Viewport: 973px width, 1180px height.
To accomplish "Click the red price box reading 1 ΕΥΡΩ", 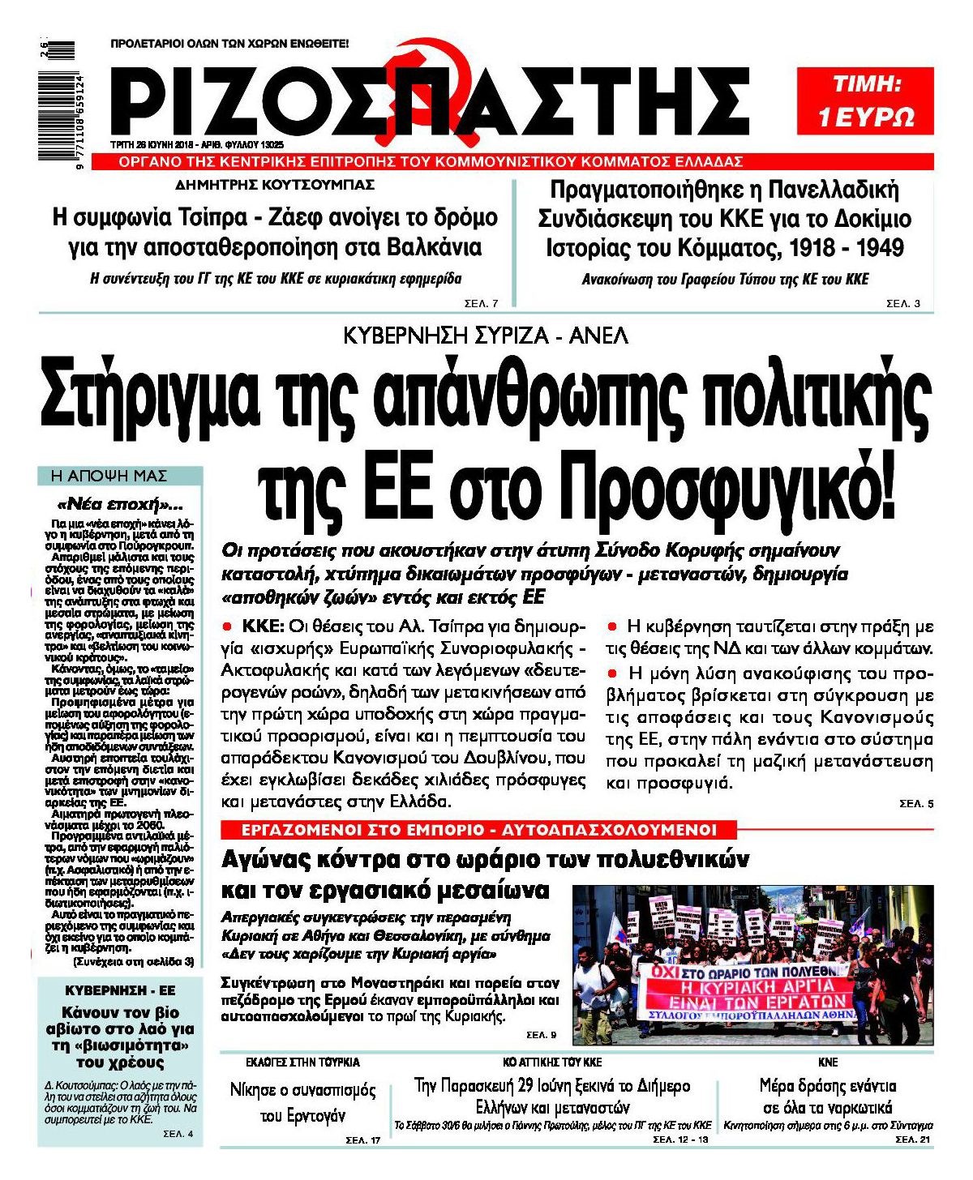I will pyautogui.click(x=866, y=100).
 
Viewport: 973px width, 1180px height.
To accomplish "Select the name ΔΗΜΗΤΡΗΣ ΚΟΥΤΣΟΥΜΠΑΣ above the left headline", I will pyautogui.click(x=275, y=186).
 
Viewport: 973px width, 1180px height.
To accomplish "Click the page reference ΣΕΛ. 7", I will pyautogui.click(x=482, y=303).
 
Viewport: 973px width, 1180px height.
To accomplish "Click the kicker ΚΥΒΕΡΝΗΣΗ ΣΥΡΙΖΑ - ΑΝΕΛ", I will pyautogui.click(x=486, y=335).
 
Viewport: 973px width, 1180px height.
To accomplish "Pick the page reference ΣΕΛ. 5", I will pyautogui.click(x=916, y=804).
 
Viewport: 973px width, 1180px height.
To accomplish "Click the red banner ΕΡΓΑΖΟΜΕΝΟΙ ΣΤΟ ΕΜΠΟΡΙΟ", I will pyautogui.click(x=478, y=829).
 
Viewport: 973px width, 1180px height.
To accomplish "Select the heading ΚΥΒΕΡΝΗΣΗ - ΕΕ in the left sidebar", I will pyautogui.click(x=120, y=990).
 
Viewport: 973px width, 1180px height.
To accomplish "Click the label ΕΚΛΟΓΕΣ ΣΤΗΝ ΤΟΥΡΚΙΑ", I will pyautogui.click(x=302, y=1062).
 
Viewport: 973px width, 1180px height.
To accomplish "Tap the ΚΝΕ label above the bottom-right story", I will pyautogui.click(x=828, y=1062).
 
